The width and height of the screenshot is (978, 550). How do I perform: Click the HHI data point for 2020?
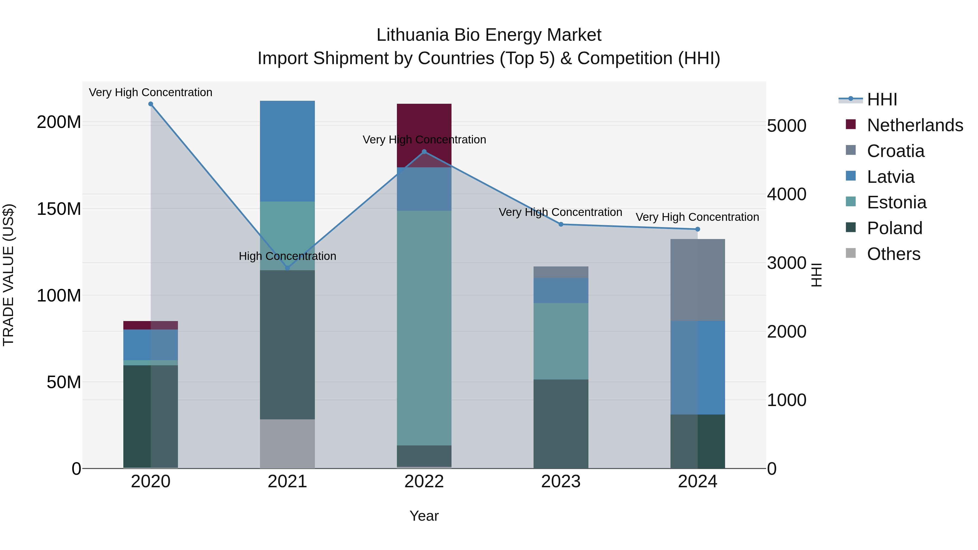point(151,104)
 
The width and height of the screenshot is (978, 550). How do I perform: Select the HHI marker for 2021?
point(287,268)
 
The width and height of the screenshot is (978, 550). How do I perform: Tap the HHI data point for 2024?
point(697,229)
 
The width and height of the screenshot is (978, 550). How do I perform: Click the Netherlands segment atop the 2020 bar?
point(151,325)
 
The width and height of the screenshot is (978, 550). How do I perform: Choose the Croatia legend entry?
point(895,151)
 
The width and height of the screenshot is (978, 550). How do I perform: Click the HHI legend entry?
point(882,99)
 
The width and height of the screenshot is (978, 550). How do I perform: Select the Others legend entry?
point(893,254)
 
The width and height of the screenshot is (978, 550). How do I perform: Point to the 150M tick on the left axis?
point(59,209)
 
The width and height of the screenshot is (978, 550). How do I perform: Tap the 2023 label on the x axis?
point(561,482)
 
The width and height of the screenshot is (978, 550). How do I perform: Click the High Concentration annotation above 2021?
point(287,256)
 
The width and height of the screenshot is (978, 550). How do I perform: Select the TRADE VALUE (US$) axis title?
point(9,275)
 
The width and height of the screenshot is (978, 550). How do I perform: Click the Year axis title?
point(424,516)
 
